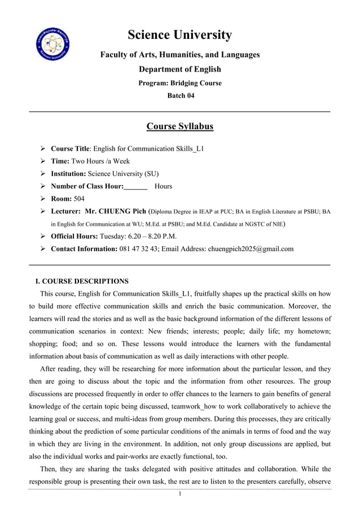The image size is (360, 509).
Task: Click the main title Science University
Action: [x=179, y=35]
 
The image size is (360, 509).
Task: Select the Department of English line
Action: [x=179, y=69]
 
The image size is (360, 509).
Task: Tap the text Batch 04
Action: [x=180, y=96]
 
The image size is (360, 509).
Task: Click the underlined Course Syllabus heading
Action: [x=179, y=126]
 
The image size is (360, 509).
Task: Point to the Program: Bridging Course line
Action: [x=179, y=83]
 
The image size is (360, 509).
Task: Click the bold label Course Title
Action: [x=70, y=149]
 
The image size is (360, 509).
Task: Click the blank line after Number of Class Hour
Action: [x=135, y=186]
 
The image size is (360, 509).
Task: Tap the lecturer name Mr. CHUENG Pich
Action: [x=114, y=212]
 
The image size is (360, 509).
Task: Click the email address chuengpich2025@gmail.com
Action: [x=251, y=249]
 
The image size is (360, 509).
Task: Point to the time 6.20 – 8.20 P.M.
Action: [x=150, y=236]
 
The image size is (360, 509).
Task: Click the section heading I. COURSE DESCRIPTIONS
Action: [x=82, y=281]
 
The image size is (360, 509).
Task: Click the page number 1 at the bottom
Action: [x=179, y=494]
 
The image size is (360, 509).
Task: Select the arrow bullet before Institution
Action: [x=43, y=174]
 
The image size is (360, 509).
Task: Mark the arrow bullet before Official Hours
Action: [x=43, y=236]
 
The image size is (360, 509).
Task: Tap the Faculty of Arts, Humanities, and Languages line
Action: [x=179, y=55]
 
